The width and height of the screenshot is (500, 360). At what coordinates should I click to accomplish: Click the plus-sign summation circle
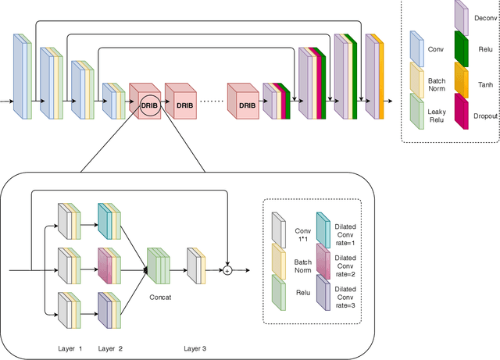[227, 270]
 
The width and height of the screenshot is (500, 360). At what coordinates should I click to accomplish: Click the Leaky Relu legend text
[437, 116]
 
